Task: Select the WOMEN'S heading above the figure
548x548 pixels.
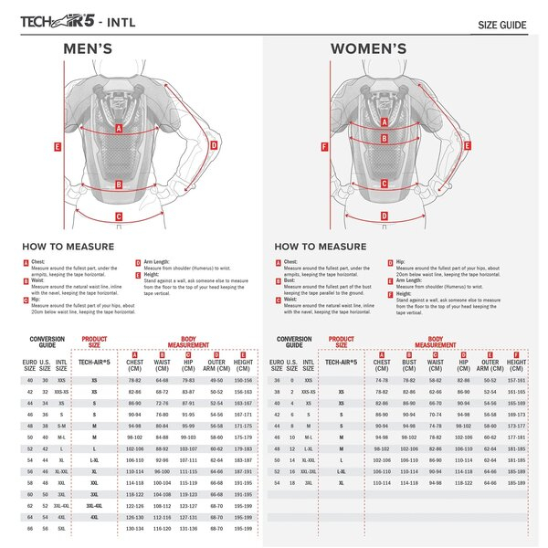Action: click(x=368, y=49)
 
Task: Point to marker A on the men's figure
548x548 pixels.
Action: click(x=118, y=129)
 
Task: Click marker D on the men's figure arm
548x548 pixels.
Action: click(x=214, y=144)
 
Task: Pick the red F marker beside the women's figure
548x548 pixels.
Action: click(x=324, y=146)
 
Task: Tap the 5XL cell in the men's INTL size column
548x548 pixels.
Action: click(x=61, y=528)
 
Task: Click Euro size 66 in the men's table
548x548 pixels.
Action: click(x=30, y=528)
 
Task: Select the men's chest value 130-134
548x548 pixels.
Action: click(x=134, y=528)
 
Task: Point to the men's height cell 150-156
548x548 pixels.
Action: click(x=243, y=379)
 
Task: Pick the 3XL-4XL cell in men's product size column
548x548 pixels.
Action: click(x=94, y=504)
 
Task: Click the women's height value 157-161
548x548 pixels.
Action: click(x=516, y=379)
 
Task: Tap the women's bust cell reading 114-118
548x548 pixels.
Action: click(x=408, y=480)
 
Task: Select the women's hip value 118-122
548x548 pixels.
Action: click(x=463, y=480)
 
